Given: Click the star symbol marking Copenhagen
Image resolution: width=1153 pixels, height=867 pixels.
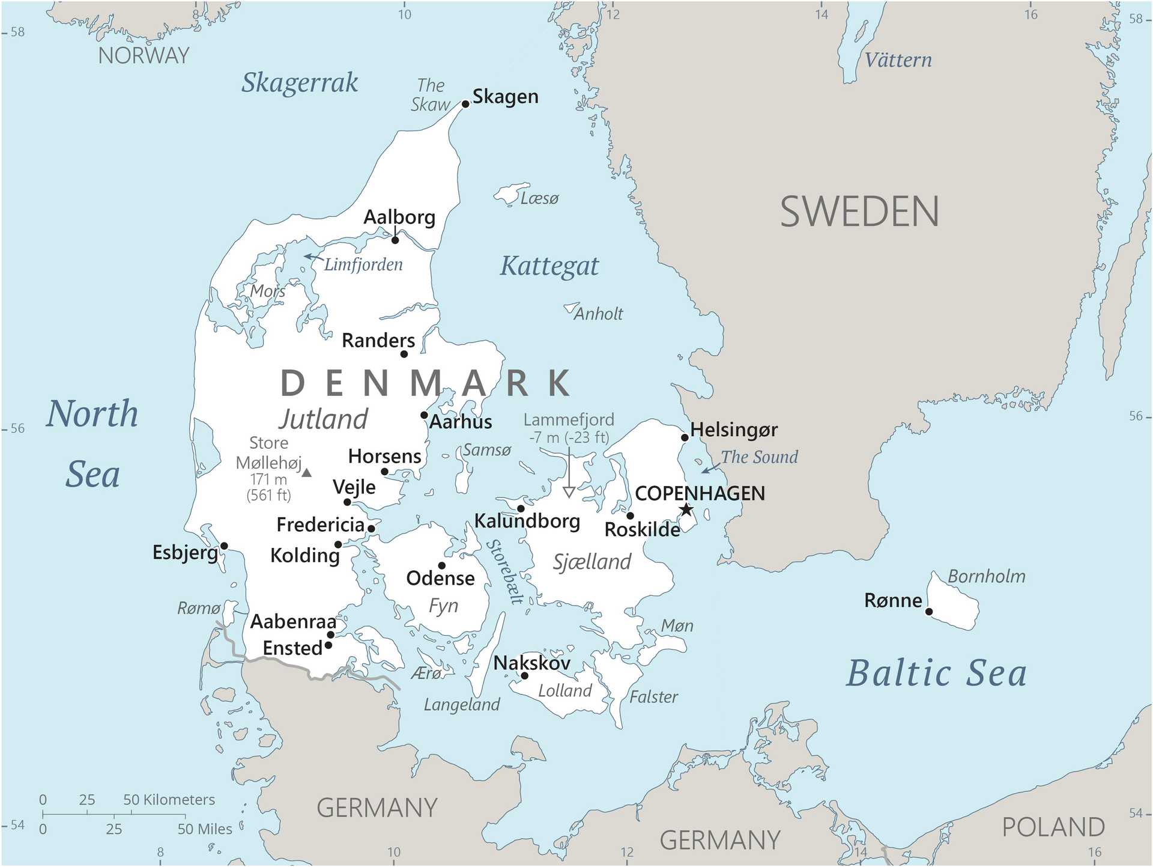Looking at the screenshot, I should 686,510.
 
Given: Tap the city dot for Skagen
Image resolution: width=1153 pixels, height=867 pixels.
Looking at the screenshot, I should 465,104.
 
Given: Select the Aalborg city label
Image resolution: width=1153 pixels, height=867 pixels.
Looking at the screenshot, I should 399,217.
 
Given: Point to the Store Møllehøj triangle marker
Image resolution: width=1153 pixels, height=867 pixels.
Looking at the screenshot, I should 306,473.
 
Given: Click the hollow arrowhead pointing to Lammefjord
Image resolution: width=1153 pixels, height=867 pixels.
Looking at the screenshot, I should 569,492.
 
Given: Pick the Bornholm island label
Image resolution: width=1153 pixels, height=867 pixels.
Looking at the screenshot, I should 986,576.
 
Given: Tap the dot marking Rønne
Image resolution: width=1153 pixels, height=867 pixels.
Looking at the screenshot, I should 928,612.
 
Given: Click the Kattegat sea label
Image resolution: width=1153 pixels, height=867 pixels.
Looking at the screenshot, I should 549,266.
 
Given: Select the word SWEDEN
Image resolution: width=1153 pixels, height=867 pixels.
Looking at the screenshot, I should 859,212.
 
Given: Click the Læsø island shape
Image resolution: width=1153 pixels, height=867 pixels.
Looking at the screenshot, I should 509,193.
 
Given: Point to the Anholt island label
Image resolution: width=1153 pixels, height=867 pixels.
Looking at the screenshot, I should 598,314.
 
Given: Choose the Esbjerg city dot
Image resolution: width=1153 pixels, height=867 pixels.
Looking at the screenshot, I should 224,546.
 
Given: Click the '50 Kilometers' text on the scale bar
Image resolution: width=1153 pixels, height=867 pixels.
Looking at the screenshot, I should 169,800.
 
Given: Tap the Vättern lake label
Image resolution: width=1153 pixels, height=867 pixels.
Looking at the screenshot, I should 898,60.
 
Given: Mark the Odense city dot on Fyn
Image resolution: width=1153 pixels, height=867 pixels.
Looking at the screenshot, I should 441,565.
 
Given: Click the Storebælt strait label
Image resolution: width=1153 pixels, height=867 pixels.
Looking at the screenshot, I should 505,571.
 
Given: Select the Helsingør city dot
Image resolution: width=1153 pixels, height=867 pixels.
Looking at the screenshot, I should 684,437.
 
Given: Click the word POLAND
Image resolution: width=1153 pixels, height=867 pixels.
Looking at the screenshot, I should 1053,827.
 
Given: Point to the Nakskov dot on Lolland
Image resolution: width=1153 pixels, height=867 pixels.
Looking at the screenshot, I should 524,676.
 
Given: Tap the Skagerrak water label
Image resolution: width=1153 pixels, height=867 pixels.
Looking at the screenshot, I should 300,83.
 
